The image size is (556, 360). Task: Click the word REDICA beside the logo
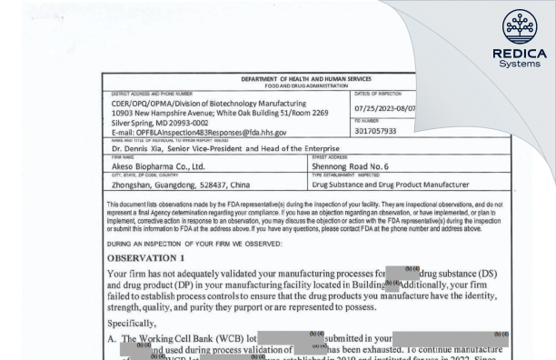pyautogui.click(x=514, y=54)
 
